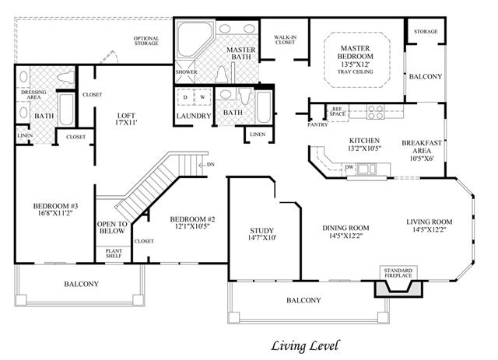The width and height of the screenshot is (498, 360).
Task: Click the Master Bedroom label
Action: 355,52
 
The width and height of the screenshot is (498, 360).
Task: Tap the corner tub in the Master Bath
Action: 193,39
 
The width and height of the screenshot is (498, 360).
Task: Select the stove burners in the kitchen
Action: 375,112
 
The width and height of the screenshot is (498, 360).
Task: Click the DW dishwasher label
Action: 349,167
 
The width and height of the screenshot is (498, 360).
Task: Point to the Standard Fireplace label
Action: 398,273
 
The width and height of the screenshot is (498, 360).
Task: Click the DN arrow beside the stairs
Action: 206,164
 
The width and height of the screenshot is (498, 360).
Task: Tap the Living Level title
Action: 305,346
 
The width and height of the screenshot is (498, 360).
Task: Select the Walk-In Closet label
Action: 286,40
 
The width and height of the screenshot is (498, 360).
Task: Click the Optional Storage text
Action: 146,41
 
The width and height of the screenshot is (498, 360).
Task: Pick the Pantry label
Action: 317,124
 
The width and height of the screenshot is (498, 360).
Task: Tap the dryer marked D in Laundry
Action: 185,97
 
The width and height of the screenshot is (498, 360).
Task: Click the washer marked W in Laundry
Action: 202,97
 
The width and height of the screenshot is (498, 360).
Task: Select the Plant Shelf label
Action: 114,253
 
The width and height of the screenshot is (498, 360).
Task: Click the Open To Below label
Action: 112,228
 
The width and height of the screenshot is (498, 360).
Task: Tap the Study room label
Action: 261,231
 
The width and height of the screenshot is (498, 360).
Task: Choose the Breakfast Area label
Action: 422,147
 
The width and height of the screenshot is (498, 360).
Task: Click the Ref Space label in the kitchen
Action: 337,111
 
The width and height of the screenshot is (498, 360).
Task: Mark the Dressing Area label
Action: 33,95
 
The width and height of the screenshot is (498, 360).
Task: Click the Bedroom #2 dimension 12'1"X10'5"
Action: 192,226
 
